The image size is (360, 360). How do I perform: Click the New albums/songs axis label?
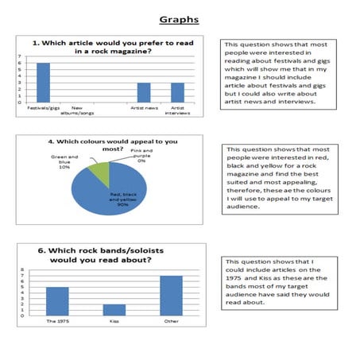(x=78, y=109)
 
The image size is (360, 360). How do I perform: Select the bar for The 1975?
(x=57, y=301)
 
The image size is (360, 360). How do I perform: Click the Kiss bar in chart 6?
(x=114, y=310)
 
